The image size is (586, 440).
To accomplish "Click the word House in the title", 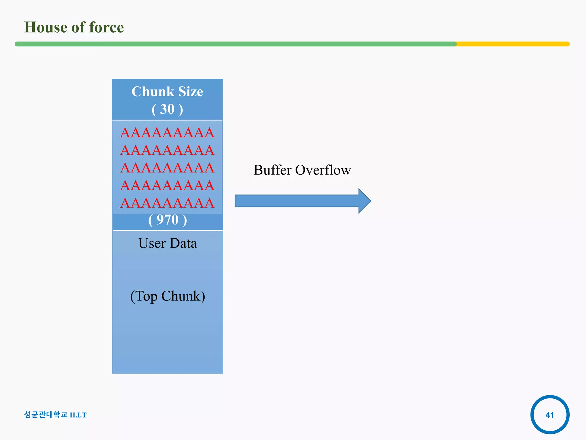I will click(x=45, y=27).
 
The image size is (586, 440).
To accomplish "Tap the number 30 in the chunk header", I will click(x=167, y=109).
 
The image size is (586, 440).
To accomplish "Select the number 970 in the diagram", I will click(x=168, y=220).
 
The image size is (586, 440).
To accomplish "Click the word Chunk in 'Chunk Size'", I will click(x=153, y=92).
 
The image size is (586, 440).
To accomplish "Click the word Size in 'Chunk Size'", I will click(x=191, y=92).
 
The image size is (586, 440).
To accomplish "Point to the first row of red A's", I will click(x=167, y=133).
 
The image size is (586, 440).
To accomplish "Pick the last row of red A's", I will click(x=167, y=203).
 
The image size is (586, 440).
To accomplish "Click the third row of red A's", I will click(x=167, y=168).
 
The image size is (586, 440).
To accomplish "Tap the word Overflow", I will click(x=323, y=170).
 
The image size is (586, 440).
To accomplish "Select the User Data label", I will click(x=168, y=243).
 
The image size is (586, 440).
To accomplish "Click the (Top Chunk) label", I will click(x=168, y=296).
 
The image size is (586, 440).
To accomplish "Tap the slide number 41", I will click(x=550, y=415).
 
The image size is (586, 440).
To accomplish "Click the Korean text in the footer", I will click(x=46, y=415).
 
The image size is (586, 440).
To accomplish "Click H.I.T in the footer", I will click(x=78, y=415).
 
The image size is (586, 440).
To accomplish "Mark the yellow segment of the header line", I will click(x=512, y=44).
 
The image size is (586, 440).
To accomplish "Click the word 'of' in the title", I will click(x=78, y=27).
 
